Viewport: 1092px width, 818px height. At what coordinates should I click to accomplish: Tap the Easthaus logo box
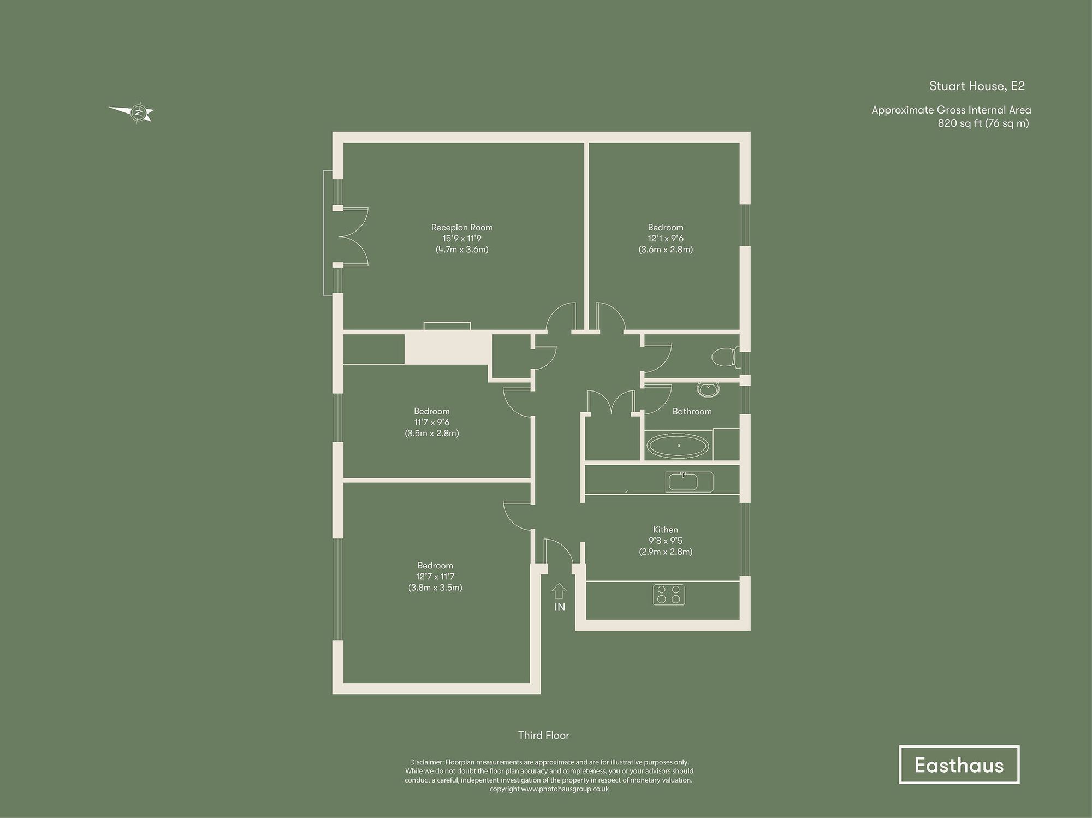(x=959, y=764)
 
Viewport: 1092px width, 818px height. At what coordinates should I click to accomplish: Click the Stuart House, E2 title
(x=977, y=86)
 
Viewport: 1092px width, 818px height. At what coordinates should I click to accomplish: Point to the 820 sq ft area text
(x=983, y=123)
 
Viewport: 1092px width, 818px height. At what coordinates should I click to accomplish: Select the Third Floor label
(x=543, y=736)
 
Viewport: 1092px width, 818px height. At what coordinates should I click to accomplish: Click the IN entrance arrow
(x=559, y=592)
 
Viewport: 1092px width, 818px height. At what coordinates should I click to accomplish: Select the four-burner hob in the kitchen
(x=669, y=595)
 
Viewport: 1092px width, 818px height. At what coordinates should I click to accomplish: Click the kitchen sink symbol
(x=689, y=482)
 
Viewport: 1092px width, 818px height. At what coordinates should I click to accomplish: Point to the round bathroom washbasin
(x=709, y=389)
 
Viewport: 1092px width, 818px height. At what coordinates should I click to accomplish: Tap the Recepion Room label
(x=461, y=228)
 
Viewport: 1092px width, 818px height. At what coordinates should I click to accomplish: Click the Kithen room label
(x=666, y=530)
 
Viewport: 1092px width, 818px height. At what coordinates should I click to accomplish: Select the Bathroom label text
(x=692, y=412)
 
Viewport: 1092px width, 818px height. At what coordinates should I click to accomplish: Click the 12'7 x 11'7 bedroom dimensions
(x=435, y=577)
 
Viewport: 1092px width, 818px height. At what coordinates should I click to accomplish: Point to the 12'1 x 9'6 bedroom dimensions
(x=666, y=239)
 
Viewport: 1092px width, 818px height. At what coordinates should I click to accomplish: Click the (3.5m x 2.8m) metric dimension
(x=431, y=434)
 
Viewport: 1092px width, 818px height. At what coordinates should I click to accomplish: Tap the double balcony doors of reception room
(x=354, y=236)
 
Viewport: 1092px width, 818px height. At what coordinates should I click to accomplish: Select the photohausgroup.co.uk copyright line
(x=549, y=789)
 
